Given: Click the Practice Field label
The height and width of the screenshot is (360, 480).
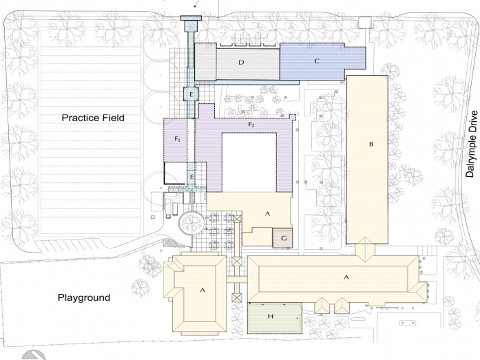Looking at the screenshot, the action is click(93, 118).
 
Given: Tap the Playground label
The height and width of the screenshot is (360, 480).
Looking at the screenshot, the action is click(84, 297).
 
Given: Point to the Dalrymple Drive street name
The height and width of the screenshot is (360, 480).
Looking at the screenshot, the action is click(472, 144).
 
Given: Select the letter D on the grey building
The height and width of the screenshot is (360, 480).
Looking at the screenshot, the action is click(241, 63).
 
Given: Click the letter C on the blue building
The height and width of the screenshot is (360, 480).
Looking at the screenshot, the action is click(317, 61).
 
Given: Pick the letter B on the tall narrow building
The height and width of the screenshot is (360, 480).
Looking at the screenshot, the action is click(371, 144).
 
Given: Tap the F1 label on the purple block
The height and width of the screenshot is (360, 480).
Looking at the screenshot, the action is click(178, 139).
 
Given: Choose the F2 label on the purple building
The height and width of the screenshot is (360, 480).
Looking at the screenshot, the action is click(251, 125).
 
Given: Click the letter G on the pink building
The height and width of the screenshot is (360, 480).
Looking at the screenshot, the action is click(284, 238).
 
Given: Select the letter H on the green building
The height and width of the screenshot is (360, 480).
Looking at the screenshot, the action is click(271, 316).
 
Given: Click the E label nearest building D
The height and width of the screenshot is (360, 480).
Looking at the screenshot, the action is click(191, 94).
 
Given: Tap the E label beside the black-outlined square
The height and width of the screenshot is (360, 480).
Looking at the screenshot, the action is click(191, 177).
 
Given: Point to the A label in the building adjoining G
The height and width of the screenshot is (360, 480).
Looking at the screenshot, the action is click(267, 213).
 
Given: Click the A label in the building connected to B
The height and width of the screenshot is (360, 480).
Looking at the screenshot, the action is click(346, 277).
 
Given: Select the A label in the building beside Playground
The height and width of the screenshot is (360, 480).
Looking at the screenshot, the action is click(202, 290).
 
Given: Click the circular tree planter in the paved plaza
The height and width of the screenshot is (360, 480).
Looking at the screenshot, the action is click(191, 222).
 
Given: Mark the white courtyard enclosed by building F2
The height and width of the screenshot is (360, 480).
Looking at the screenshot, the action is click(249, 162).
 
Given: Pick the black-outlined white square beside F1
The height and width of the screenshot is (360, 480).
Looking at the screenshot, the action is click(176, 173).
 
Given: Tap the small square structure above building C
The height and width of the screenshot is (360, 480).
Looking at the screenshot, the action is click(364, 23).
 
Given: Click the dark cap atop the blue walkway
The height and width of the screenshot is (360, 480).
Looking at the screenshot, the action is click(191, 18).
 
